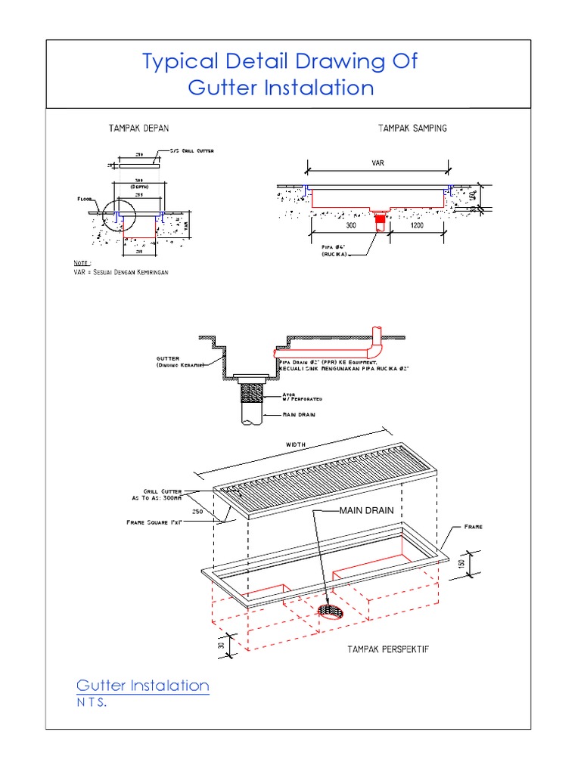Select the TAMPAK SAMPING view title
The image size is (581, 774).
click(x=412, y=128)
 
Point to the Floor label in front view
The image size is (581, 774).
click(x=85, y=200)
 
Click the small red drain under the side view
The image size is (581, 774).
click(x=381, y=221)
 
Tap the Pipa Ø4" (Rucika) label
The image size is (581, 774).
click(x=334, y=249)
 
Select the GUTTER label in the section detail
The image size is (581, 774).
click(x=168, y=359)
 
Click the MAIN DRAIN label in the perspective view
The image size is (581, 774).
click(x=366, y=510)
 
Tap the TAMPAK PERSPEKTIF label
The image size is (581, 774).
click(x=388, y=649)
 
